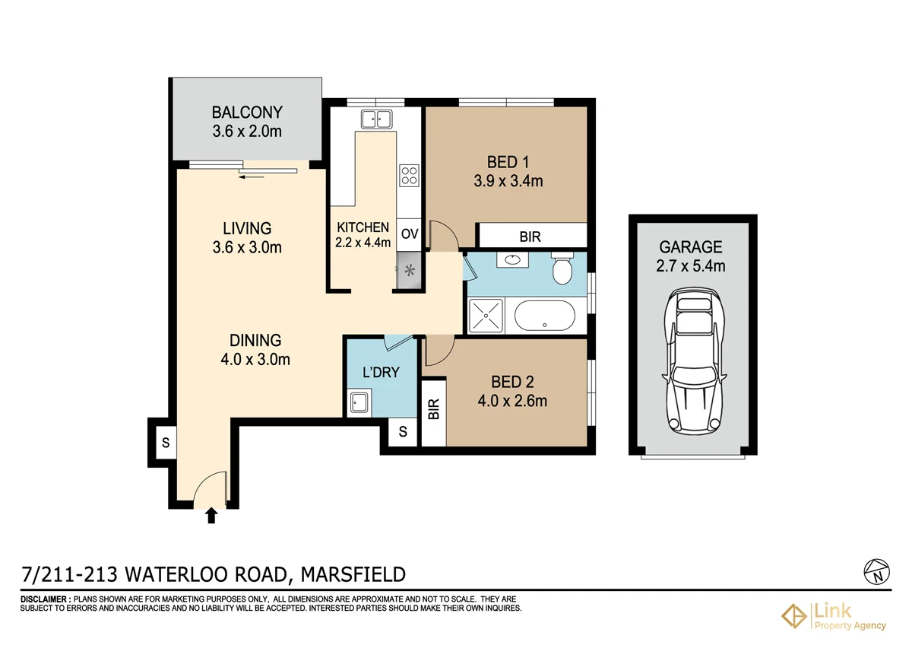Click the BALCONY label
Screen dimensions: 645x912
point(247,113)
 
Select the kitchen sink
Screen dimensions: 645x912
point(376,119)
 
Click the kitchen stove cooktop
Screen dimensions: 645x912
point(409,176)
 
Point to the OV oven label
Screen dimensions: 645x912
point(410,234)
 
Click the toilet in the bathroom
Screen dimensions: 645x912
point(563,268)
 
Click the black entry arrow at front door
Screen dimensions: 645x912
point(211,516)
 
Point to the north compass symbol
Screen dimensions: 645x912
point(876,570)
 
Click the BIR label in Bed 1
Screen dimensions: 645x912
point(530,237)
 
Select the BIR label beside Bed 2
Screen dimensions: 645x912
point(434,411)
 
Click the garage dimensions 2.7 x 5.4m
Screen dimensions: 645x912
point(692,266)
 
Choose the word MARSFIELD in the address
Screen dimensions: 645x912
point(354,574)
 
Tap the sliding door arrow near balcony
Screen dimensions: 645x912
point(251,176)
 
